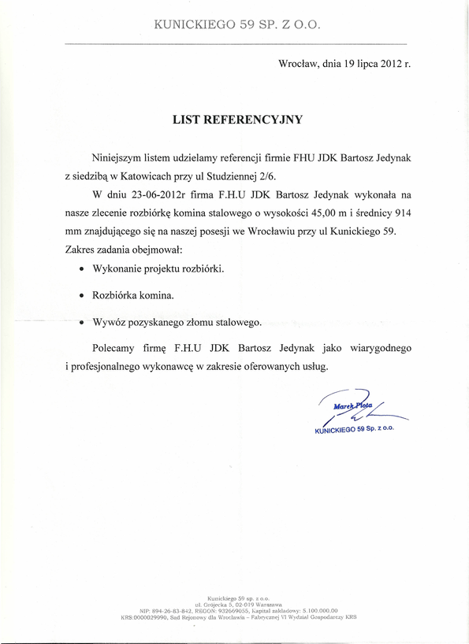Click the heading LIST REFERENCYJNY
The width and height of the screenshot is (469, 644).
(x=237, y=120)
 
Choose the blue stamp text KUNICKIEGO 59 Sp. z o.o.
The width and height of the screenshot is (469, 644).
(x=354, y=431)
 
